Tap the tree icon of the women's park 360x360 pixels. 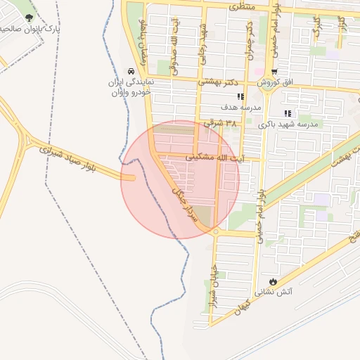click(x=29, y=18)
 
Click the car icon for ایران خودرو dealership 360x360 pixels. click(x=131, y=72)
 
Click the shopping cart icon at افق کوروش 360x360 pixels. click(x=274, y=72)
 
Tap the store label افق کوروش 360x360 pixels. click(x=277, y=82)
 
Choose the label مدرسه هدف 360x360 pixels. click(x=241, y=107)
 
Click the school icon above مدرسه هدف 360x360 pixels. click(x=240, y=97)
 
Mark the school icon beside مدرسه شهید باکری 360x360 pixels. click(x=287, y=113)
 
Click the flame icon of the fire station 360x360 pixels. click(x=274, y=281)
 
